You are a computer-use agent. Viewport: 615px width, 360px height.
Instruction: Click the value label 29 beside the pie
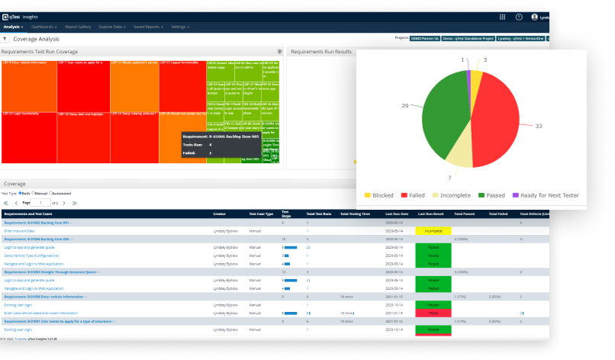(404, 105)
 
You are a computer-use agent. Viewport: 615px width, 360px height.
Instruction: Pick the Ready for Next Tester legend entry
(546, 195)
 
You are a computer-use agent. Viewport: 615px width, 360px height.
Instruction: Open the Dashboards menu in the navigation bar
(43, 27)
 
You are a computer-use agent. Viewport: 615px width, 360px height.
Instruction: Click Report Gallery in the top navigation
(78, 27)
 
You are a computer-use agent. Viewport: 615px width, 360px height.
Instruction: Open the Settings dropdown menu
(180, 27)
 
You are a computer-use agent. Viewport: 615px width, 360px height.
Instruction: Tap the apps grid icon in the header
(502, 16)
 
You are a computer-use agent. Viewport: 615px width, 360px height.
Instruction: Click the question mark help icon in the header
(519, 16)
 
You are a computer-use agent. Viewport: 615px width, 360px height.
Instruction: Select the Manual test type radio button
(37, 194)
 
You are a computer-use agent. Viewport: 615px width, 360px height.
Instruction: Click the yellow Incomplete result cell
(433, 230)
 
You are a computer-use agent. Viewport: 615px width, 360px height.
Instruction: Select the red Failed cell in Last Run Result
(433, 313)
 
